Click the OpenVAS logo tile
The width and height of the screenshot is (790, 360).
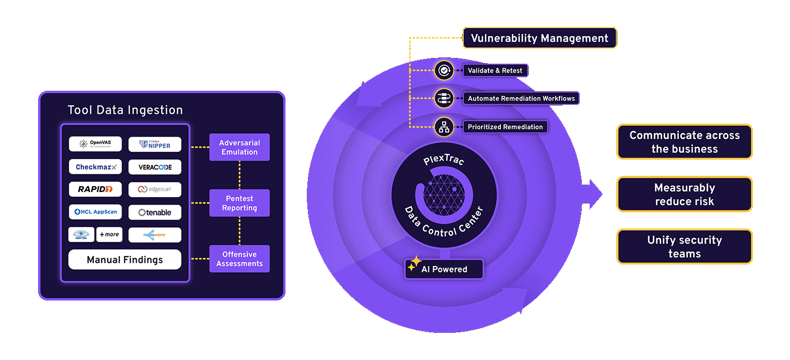95,144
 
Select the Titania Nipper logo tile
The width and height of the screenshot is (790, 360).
155,145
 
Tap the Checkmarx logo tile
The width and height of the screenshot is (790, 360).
95,167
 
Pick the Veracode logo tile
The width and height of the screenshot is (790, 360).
155,167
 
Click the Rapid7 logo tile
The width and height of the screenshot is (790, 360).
95,189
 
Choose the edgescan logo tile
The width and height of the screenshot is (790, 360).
155,189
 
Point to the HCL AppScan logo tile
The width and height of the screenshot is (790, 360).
95,212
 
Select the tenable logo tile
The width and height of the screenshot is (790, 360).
155,212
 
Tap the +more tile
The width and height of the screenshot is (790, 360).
109,235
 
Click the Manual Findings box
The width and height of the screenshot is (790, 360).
125,260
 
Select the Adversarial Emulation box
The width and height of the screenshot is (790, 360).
240,147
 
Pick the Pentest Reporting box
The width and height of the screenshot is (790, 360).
240,203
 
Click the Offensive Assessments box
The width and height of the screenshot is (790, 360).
240,259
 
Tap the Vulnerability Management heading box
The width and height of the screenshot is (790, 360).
540,38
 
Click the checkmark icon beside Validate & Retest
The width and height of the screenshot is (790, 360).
444,70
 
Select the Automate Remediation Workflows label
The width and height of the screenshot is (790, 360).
521,98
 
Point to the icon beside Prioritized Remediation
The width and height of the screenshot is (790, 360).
444,126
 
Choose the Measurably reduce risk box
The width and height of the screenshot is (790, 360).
684,195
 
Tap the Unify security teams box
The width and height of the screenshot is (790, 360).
684,247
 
